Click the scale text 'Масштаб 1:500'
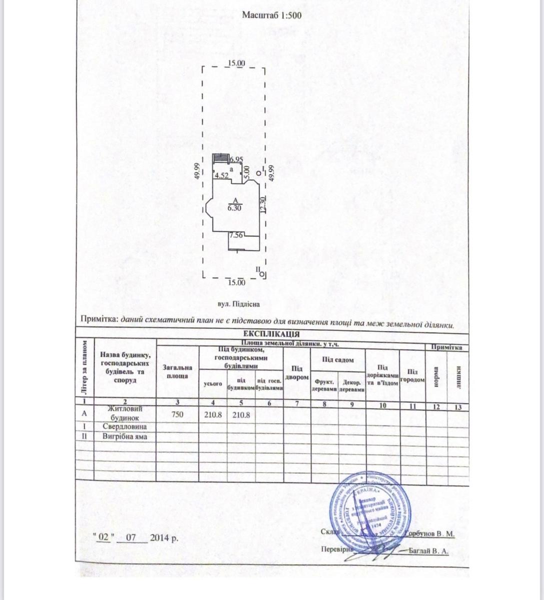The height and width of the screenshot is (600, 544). click(271, 15)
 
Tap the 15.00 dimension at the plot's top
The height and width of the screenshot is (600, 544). click(235, 63)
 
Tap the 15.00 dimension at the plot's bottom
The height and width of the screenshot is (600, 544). click(236, 282)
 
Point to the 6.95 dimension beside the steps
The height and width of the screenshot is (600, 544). click(236, 159)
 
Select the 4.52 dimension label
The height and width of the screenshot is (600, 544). click(221, 175)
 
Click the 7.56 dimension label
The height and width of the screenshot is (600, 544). click(236, 235)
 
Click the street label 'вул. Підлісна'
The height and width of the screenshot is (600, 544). click(239, 303)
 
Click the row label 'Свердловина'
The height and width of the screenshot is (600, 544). click(125, 426)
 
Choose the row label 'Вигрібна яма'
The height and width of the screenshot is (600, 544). click(125, 436)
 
